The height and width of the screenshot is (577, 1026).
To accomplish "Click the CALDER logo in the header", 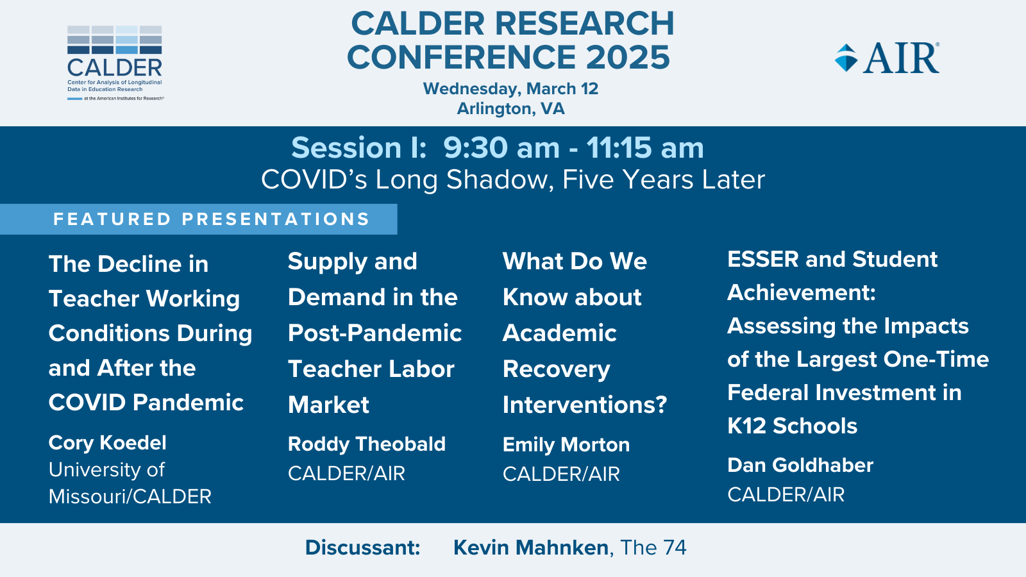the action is click(x=115, y=63).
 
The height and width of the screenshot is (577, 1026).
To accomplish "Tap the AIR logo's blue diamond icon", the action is click(x=846, y=58).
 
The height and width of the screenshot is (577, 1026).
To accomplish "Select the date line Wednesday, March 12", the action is click(x=510, y=88).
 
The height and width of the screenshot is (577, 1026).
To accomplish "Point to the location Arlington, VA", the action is click(x=510, y=108).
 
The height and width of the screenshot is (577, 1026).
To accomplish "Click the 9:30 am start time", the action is click(x=501, y=148).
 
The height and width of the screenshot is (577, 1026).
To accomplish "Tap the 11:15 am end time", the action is click(x=645, y=148).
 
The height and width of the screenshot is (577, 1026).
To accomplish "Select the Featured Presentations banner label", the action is click(x=212, y=219).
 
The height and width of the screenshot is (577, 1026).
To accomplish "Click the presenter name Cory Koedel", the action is click(x=108, y=443).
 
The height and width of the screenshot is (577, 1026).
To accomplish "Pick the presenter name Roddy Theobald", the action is click(x=367, y=444).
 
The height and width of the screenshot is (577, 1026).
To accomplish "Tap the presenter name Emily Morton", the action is click(x=566, y=445).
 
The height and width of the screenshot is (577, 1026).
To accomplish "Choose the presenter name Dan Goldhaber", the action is click(x=800, y=465).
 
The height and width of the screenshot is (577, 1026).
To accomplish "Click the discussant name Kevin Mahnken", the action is click(x=531, y=548).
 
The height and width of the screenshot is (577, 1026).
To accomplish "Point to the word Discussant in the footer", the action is click(x=362, y=548).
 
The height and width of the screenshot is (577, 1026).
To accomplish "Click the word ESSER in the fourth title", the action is click(x=763, y=259).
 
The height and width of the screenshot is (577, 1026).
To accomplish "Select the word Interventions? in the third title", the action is click(x=585, y=405).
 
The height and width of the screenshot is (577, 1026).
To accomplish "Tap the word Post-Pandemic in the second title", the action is click(x=374, y=333).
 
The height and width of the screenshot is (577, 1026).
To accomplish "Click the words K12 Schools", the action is click(x=793, y=426).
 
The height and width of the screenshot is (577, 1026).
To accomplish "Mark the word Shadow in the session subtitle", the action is click(x=497, y=179).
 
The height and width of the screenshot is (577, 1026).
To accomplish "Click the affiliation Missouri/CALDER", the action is click(x=130, y=496).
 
